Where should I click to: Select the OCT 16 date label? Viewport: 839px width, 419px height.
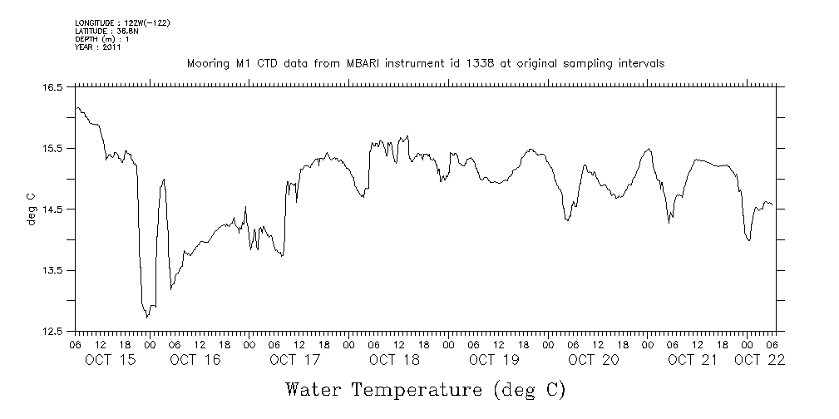click(195, 360)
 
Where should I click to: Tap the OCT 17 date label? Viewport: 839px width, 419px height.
click(295, 360)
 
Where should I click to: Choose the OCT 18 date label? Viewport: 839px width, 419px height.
click(395, 360)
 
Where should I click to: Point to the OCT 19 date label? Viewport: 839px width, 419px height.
click(495, 360)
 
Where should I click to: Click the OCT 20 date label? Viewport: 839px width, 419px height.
click(594, 360)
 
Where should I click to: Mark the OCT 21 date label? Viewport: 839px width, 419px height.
click(693, 360)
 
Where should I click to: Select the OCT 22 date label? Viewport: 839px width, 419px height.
click(760, 360)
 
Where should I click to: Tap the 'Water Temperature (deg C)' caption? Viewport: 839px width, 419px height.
click(425, 389)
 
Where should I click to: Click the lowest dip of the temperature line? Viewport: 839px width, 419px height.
click(147, 317)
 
